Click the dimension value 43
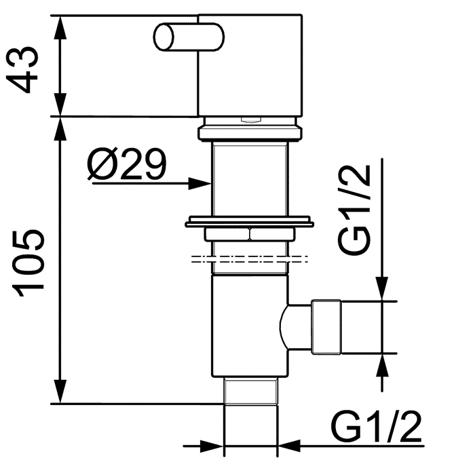[22, 70]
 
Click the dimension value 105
[28, 263]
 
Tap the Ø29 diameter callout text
[127, 164]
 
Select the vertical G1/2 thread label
[354, 210]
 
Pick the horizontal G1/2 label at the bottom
[376, 428]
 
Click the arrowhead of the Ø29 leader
[200, 184]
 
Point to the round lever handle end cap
[164, 37]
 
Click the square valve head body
[250, 65]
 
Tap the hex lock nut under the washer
[249, 235]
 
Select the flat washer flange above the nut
[249, 222]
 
